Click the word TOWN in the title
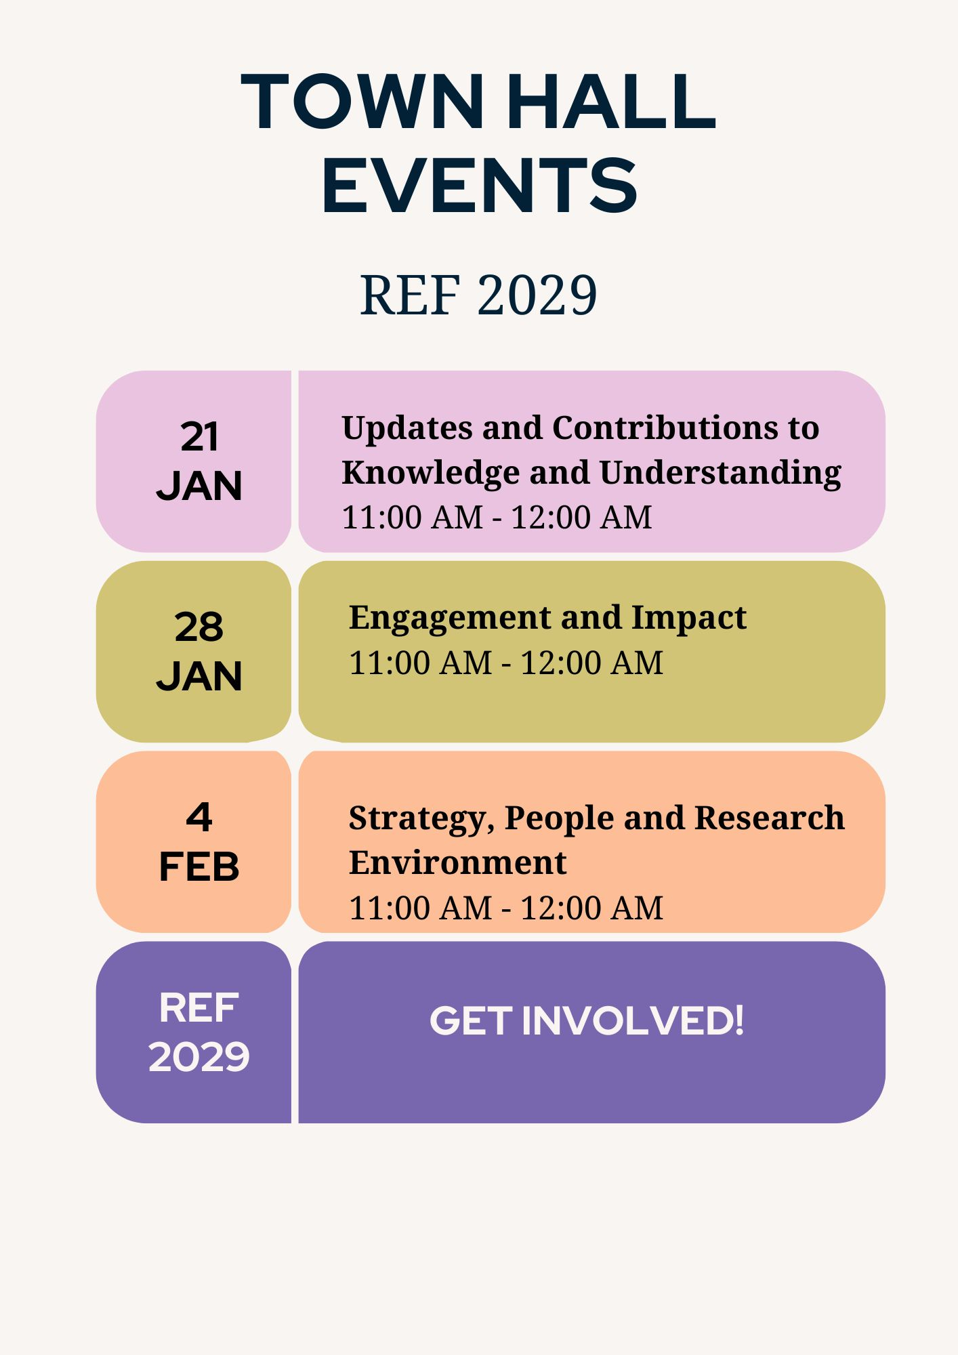pyautogui.click(x=362, y=101)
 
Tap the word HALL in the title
pyautogui.click(x=612, y=101)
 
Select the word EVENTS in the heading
pyautogui.click(x=480, y=185)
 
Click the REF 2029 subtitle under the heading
pyautogui.click(x=478, y=295)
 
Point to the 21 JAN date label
pyautogui.click(x=199, y=461)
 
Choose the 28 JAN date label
pyautogui.click(x=199, y=651)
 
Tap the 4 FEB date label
pyautogui.click(x=199, y=841)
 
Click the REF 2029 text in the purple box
pyautogui.click(x=199, y=1032)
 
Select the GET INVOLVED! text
pyautogui.click(x=587, y=1020)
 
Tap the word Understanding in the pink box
pyautogui.click(x=720, y=473)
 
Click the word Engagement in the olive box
pyautogui.click(x=450, y=619)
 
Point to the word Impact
pyautogui.click(x=688, y=619)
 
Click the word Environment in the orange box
pyautogui.click(x=457, y=862)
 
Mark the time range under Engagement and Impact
pyautogui.click(x=506, y=663)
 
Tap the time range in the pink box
pyautogui.click(x=497, y=518)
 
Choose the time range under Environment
pyautogui.click(x=506, y=908)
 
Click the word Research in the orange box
pyautogui.click(x=770, y=818)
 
